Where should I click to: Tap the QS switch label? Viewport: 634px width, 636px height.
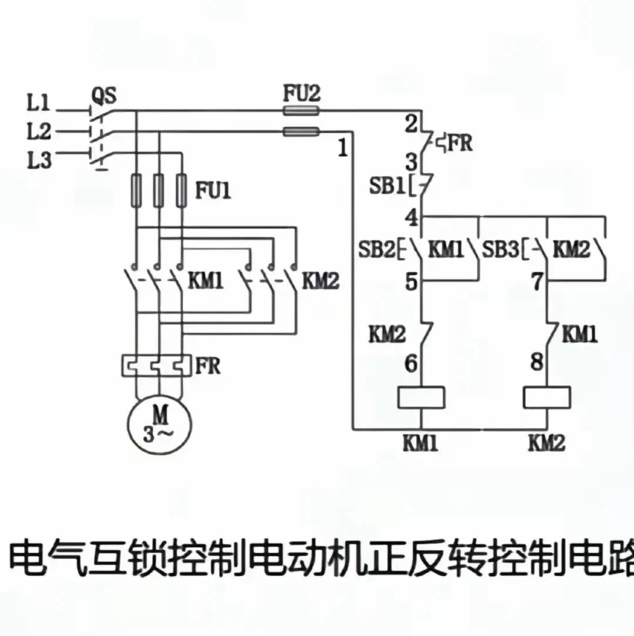coord(104,94)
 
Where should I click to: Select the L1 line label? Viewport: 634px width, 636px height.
coord(39,105)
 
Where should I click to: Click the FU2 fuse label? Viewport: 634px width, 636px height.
coord(302,94)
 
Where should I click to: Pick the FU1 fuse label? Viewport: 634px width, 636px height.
coord(213,190)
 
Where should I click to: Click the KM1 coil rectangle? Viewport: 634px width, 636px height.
coord(421,398)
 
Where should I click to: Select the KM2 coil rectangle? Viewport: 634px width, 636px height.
coord(547,398)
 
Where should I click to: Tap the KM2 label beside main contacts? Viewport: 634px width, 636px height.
coord(321,281)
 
